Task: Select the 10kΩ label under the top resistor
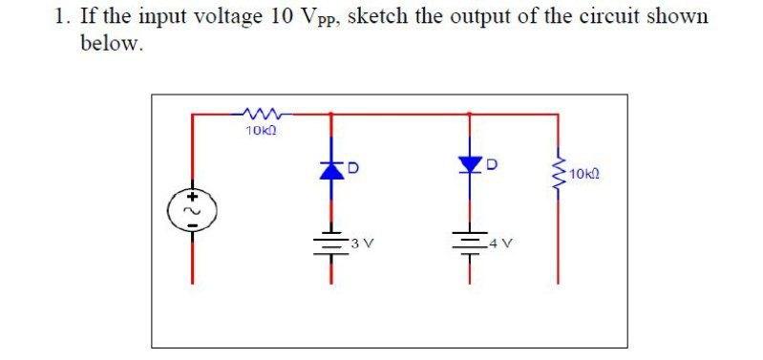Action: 259,131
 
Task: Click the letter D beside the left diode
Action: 351,170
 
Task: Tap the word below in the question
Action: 111,45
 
